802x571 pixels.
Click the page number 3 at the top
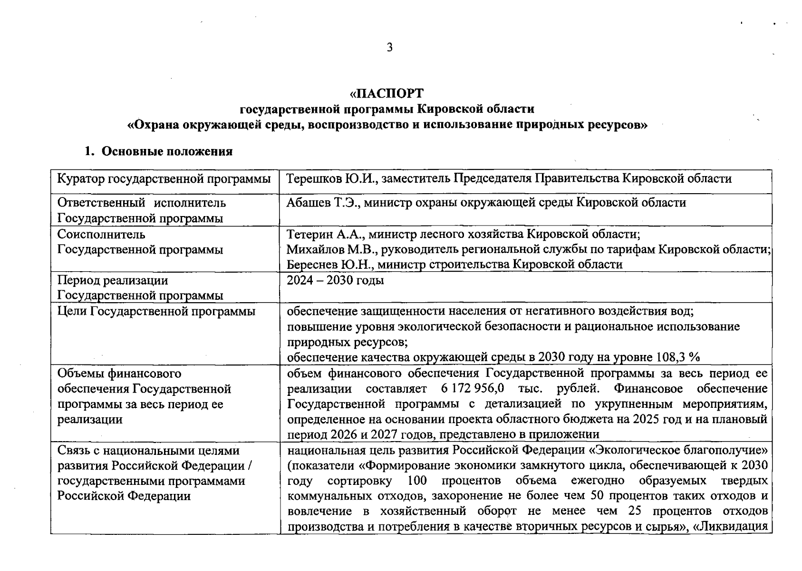[390, 47]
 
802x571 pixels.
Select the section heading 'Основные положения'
[167, 152]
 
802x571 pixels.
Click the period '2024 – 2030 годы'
[335, 280]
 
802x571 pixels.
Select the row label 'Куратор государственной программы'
[164, 179]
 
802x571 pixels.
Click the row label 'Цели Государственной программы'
[156, 312]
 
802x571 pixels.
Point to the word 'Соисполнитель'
[101, 235]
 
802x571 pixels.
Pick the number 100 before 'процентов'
[417, 481]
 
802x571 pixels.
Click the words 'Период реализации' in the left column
[113, 280]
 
